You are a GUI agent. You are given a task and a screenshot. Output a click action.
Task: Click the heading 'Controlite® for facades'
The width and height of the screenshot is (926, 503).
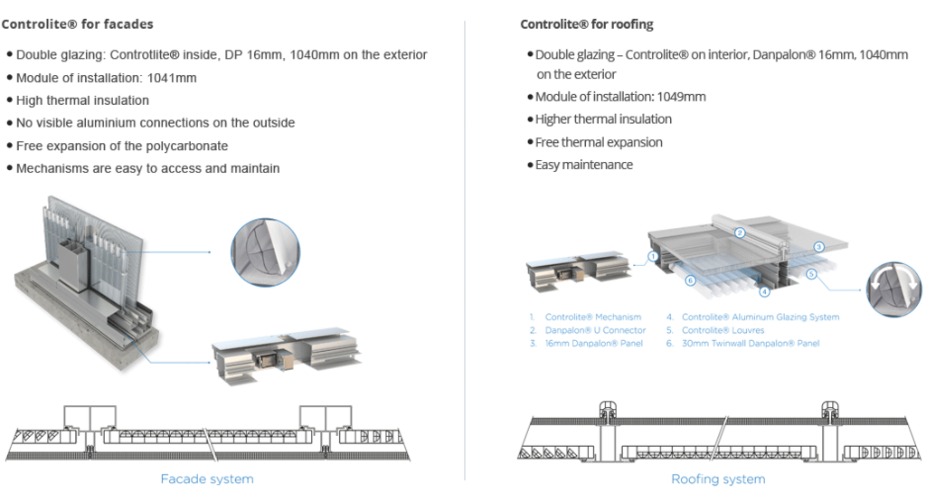[79, 22]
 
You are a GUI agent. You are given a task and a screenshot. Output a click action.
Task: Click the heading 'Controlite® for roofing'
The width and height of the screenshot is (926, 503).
[588, 22]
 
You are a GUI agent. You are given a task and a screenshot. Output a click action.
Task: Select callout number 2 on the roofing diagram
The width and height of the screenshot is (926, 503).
[740, 233]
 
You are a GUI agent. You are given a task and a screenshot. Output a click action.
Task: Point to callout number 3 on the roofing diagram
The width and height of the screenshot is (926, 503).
[819, 246]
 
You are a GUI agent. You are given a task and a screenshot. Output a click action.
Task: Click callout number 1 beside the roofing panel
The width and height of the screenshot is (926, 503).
[652, 256]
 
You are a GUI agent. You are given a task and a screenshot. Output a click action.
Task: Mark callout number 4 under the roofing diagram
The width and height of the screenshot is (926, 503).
[765, 292]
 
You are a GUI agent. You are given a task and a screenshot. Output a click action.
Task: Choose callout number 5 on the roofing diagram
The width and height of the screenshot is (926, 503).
[810, 272]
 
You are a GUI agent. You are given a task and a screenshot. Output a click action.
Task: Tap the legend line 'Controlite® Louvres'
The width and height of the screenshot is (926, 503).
[724, 332]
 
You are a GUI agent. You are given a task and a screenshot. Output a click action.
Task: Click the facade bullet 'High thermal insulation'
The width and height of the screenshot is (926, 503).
[82, 100]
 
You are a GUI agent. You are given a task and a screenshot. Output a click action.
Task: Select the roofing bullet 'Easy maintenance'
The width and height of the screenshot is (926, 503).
[584, 166]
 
